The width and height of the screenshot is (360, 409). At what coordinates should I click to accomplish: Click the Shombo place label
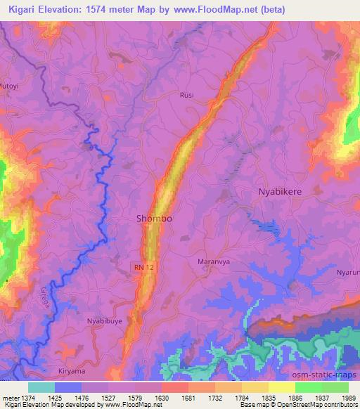coord(153,219)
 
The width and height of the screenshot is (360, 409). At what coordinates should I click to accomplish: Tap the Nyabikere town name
coord(282,190)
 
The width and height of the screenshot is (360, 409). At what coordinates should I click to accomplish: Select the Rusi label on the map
coord(187,95)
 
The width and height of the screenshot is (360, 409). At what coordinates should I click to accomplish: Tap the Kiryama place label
coord(72,370)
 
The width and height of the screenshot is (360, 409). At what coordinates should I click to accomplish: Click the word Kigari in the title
coord(24,9)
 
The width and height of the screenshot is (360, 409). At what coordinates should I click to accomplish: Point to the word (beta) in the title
coord(333,9)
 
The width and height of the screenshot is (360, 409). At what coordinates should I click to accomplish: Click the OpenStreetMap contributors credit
coord(314,405)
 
